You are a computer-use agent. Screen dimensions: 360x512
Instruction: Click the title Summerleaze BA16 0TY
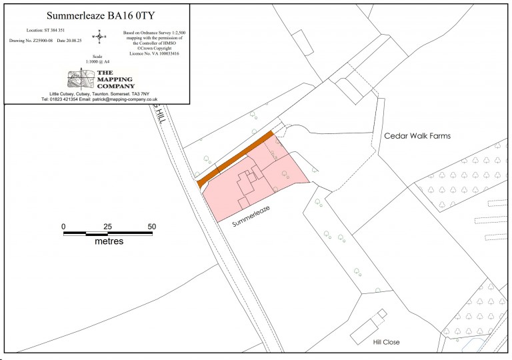97,15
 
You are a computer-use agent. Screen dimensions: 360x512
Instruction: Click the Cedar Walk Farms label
417,136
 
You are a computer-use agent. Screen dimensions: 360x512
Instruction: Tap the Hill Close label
386,342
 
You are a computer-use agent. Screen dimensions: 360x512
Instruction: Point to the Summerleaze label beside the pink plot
254,216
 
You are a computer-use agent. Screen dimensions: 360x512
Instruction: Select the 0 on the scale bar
63,227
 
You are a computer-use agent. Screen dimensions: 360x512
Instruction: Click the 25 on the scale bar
107,227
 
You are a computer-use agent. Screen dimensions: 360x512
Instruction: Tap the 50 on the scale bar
152,227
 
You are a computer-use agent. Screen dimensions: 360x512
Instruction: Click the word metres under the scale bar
109,241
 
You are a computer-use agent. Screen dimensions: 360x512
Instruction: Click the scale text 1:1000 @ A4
98,62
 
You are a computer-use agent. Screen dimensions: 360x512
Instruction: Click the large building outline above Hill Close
365,328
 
